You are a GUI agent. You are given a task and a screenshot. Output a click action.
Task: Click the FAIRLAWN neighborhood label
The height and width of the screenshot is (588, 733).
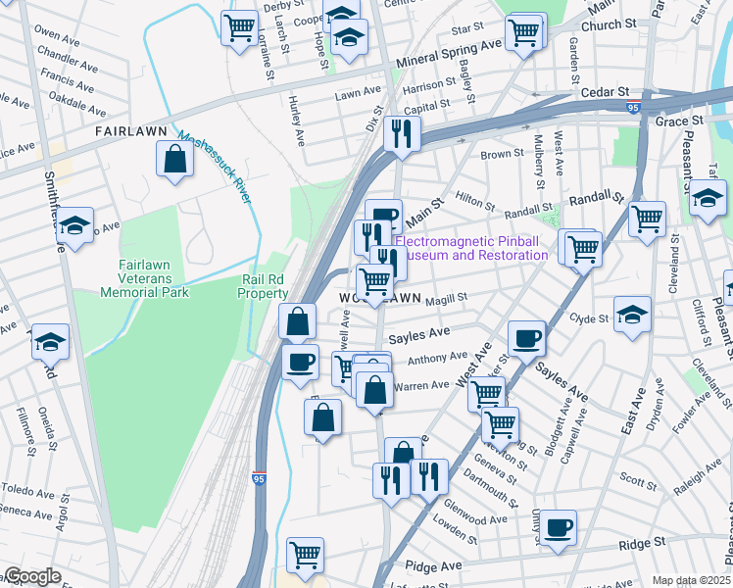click(127, 130)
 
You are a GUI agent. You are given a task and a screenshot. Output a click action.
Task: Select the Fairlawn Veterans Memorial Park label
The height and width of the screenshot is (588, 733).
click(137, 278)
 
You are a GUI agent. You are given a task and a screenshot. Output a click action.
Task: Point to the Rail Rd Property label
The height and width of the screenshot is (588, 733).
click(265, 286)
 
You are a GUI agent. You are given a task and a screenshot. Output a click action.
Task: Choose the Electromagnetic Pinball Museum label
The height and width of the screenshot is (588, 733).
click(472, 248)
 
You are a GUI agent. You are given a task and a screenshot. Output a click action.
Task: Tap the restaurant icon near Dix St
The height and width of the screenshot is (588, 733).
click(401, 133)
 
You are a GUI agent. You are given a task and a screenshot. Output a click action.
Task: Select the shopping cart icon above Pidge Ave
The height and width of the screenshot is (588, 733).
click(306, 555)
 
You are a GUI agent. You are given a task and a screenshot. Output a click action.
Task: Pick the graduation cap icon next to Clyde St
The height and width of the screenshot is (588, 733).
click(633, 315)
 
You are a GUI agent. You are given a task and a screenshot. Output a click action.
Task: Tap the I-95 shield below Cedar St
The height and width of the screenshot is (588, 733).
click(634, 109)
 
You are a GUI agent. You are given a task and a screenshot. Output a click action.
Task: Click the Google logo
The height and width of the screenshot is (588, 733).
click(31, 576)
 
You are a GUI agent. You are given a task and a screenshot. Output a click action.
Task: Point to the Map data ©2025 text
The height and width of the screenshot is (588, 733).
click(692, 580)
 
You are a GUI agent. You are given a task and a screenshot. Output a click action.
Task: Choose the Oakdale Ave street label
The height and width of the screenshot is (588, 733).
click(75, 99)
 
